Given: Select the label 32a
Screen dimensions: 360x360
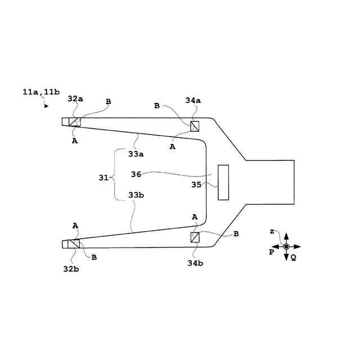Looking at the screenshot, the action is click(x=75, y=98).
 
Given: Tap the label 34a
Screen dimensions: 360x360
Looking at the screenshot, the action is click(x=193, y=100).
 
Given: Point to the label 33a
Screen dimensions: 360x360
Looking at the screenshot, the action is click(x=136, y=153).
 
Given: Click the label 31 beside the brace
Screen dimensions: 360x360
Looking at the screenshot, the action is click(x=103, y=177).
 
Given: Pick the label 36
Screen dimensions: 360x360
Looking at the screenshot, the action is click(x=136, y=174).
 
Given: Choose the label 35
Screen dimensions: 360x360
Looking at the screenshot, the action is click(x=196, y=184).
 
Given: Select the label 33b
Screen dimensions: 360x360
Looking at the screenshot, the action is click(x=136, y=195).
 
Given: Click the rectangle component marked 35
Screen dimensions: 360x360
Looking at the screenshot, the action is click(x=223, y=182).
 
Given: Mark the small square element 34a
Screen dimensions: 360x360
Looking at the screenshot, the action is click(x=195, y=125).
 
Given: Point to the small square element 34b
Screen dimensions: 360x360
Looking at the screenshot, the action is click(x=195, y=237).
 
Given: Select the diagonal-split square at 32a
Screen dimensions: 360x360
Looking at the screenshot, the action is click(x=74, y=121).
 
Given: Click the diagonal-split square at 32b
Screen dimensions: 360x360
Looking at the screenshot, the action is click(x=74, y=244).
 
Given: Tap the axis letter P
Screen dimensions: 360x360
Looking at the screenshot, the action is click(x=271, y=252).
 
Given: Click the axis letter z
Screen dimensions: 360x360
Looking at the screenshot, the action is click(x=272, y=232).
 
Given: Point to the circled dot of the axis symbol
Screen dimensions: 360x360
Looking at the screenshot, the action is click(x=286, y=246).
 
